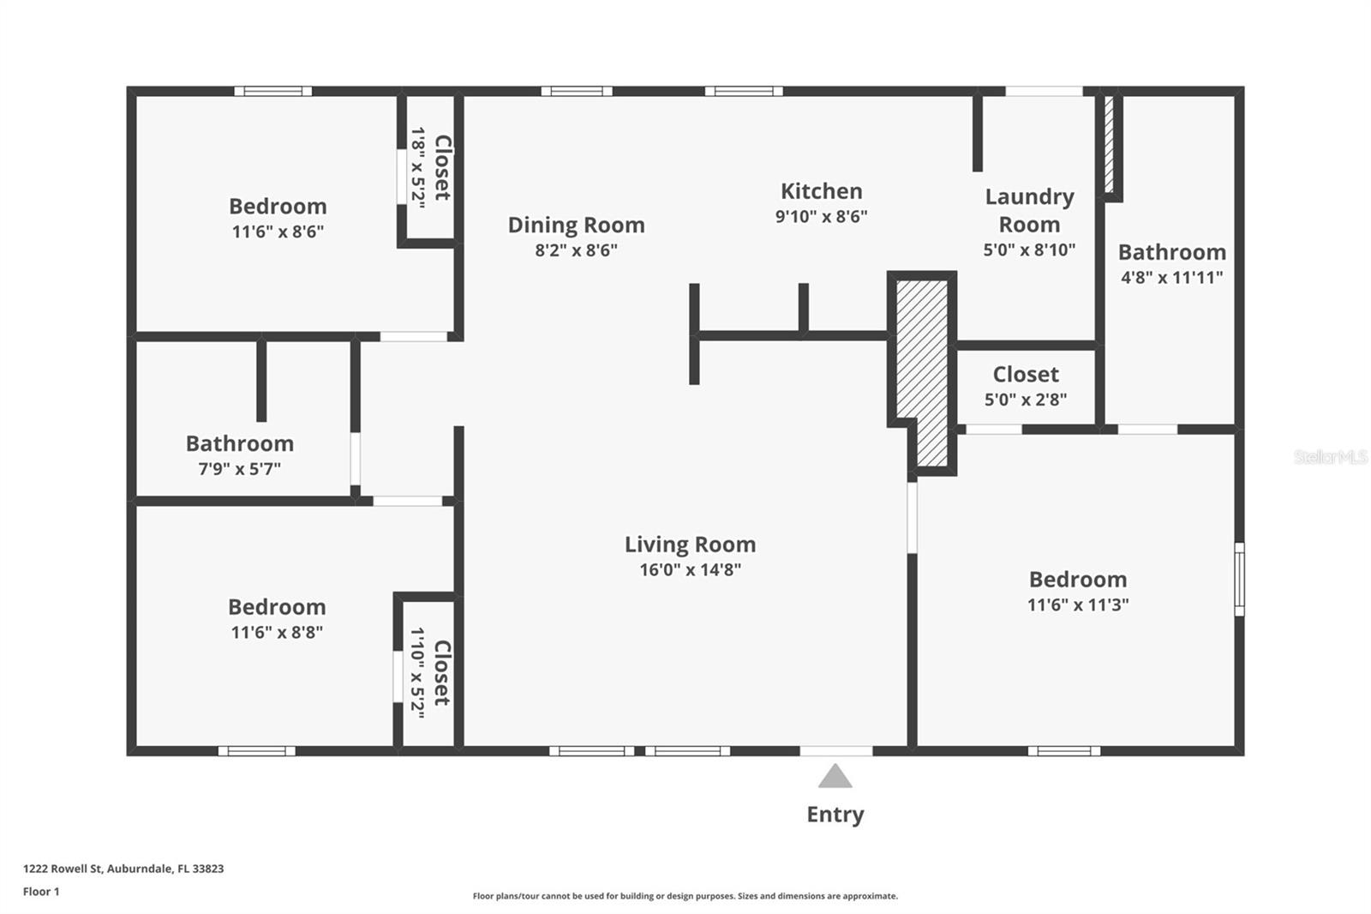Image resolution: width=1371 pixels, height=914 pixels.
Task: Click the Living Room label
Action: pyautogui.click(x=690, y=544)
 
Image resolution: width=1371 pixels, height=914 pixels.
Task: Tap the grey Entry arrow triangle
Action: pyautogui.click(x=835, y=778)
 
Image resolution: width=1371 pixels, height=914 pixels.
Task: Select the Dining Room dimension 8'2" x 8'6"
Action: pyautogui.click(x=576, y=250)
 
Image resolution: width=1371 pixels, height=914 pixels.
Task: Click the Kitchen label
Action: pyautogui.click(x=821, y=191)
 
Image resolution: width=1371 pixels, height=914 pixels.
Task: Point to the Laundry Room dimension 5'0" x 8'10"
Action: pyautogui.click(x=1028, y=250)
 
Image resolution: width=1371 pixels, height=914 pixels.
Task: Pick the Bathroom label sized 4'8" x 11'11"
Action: pyautogui.click(x=1171, y=252)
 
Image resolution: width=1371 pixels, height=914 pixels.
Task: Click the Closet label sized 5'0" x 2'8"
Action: pyautogui.click(x=1026, y=375)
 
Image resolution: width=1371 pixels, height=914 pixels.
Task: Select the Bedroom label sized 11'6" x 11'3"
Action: pyautogui.click(x=1077, y=580)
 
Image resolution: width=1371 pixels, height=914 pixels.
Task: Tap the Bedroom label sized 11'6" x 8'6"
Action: pyautogui.click(x=277, y=207)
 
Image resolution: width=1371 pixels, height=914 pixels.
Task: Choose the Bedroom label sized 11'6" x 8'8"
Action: pyautogui.click(x=277, y=607)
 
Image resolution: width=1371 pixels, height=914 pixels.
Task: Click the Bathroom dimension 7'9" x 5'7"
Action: pyautogui.click(x=239, y=469)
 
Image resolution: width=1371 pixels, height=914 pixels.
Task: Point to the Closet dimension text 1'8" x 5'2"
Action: pyautogui.click(x=418, y=168)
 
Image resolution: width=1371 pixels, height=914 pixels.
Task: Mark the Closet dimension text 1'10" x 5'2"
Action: pyautogui.click(x=418, y=673)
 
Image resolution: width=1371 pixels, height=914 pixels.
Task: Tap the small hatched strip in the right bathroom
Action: pyautogui.click(x=1108, y=144)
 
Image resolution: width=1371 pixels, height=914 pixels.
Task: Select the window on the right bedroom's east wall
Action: pyautogui.click(x=1239, y=579)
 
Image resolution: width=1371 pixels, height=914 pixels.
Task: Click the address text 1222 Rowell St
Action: pyautogui.click(x=123, y=869)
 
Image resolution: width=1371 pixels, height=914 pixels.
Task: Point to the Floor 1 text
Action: pyautogui.click(x=41, y=892)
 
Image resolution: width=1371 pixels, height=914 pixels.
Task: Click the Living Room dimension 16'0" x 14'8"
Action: pyautogui.click(x=690, y=570)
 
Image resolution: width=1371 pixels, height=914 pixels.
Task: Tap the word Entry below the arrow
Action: pyautogui.click(x=835, y=815)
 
